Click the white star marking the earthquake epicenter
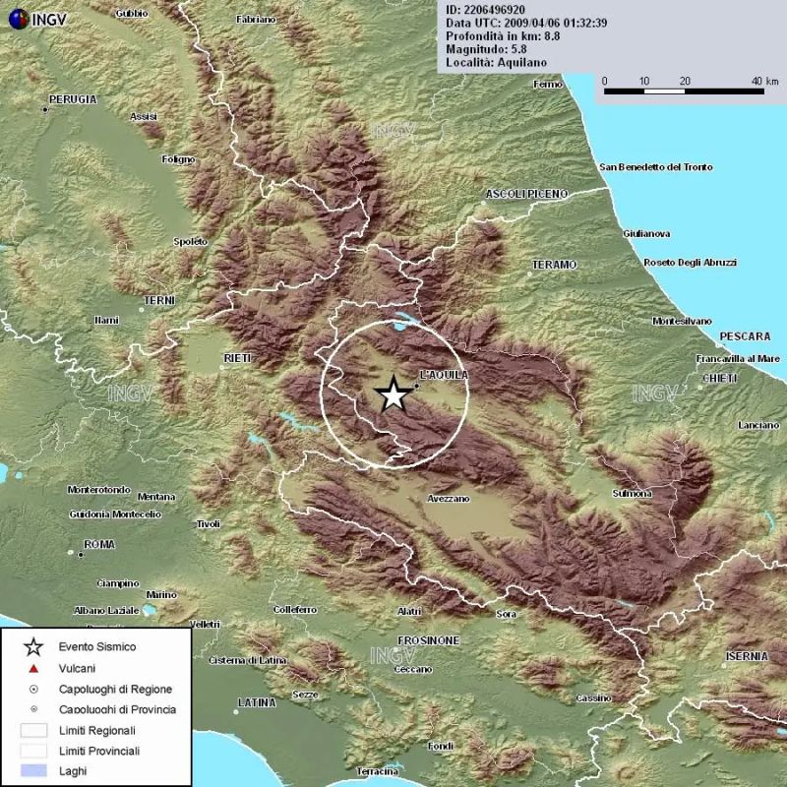(x=393, y=395)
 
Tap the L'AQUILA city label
(x=444, y=375)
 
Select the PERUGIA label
(x=74, y=99)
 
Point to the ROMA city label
(x=99, y=544)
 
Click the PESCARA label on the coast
(x=745, y=335)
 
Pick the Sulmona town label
(x=632, y=493)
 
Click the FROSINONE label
(x=429, y=640)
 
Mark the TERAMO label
(x=554, y=265)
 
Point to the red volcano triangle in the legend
(x=33, y=668)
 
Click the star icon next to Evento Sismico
(x=33, y=646)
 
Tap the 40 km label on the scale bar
(x=757, y=81)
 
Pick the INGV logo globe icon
(x=17, y=17)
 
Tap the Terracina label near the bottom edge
(x=377, y=772)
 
